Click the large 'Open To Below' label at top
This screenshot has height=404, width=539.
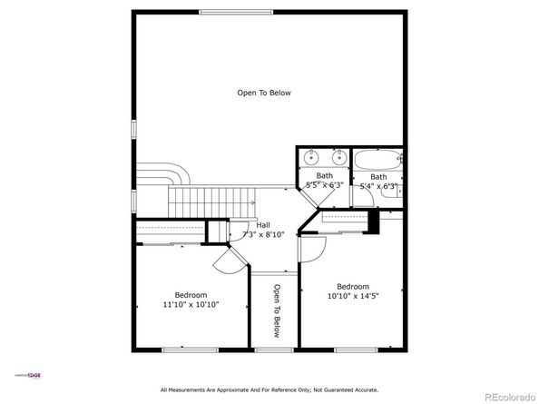pos(264,93)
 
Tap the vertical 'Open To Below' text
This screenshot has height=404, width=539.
pos(276,311)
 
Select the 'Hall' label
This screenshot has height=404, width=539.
pos(263,225)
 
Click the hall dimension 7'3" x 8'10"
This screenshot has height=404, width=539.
pos(263,234)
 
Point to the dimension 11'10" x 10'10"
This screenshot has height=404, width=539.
pos(191,305)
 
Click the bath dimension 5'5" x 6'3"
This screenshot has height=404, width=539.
pos(324,185)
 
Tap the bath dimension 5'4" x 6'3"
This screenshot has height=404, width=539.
pos(377,186)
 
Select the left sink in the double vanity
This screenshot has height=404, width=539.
pos(309,156)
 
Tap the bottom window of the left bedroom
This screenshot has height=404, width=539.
pos(189,349)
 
